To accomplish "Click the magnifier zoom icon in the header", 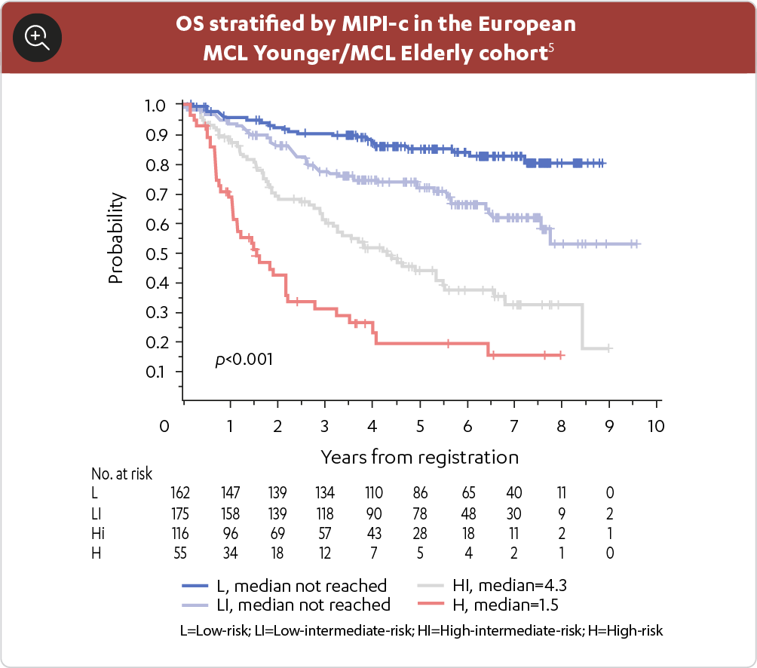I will click(37, 37).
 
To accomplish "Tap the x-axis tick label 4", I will click(372, 427).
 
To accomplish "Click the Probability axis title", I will click(115, 237).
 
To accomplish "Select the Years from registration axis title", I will click(419, 457).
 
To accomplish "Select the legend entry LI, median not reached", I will click(287, 604).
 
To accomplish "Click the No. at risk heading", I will click(121, 474).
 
